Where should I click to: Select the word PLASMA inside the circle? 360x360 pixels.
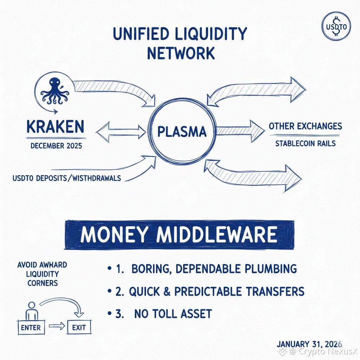point(181,132)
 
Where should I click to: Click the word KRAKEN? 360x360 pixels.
point(55,127)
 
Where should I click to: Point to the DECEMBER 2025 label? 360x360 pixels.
point(56,146)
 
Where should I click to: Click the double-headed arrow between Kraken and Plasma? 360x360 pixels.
point(121,133)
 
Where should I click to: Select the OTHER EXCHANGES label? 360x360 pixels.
point(305,126)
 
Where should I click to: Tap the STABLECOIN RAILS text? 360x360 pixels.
point(305,143)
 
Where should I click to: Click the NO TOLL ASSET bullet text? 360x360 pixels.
point(173,313)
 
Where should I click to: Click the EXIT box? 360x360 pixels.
point(79,328)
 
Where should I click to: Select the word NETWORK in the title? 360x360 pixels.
point(180,53)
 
